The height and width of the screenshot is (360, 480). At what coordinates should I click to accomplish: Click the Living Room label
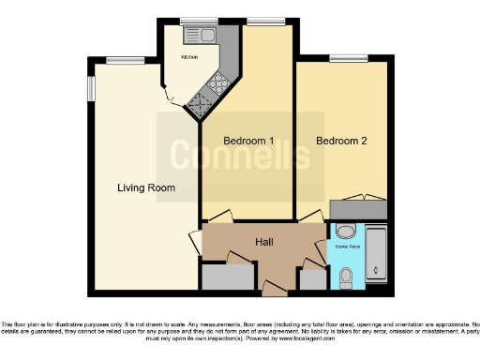146,188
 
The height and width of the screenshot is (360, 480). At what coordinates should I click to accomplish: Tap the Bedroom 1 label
248,142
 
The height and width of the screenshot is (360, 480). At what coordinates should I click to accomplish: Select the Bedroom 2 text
340,142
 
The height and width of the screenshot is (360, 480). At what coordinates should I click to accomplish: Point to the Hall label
265,242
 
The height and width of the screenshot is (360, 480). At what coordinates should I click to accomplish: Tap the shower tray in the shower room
375,253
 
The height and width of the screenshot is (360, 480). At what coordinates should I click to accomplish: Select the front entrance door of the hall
273,287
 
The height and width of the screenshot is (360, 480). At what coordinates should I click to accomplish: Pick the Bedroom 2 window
349,58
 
